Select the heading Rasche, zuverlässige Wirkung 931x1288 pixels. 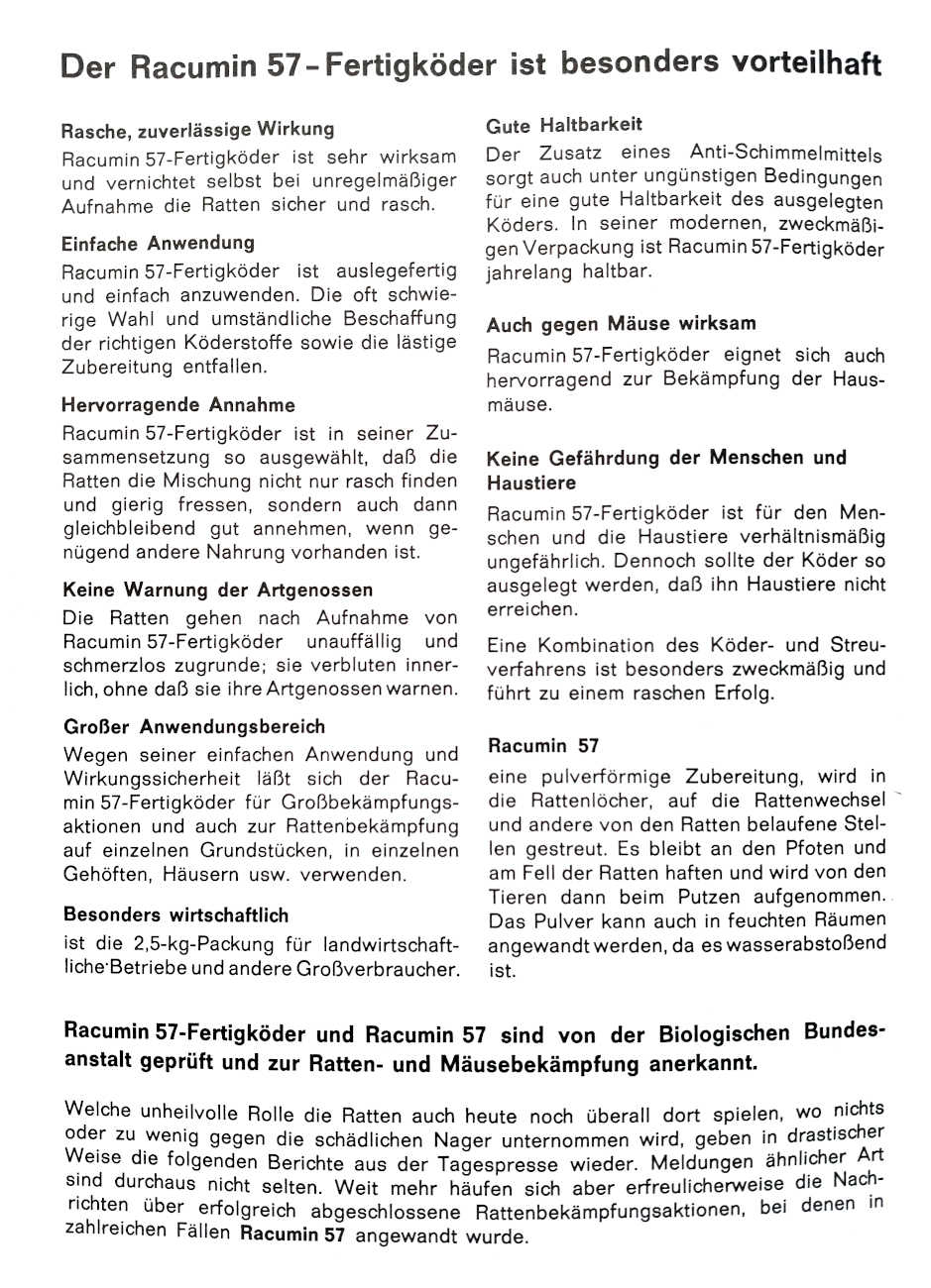click(197, 130)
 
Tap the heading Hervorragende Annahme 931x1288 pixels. click(178, 405)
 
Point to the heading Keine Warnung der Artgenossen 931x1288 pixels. click(218, 590)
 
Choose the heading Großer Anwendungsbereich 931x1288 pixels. click(194, 726)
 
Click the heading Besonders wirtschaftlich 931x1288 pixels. click(176, 914)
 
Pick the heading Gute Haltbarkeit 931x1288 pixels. click(564, 126)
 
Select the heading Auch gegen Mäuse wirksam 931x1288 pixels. click(622, 324)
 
